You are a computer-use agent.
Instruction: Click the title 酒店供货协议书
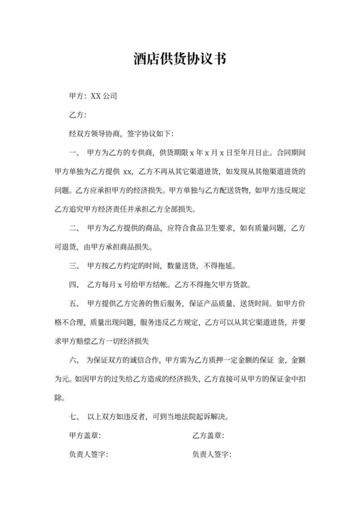[x=180, y=59]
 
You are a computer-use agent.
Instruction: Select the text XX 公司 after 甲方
[x=104, y=96]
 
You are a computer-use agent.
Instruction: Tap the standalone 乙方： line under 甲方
[x=77, y=115]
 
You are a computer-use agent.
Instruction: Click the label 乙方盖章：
[x=208, y=436]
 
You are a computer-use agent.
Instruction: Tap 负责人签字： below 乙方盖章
[x=212, y=454]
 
